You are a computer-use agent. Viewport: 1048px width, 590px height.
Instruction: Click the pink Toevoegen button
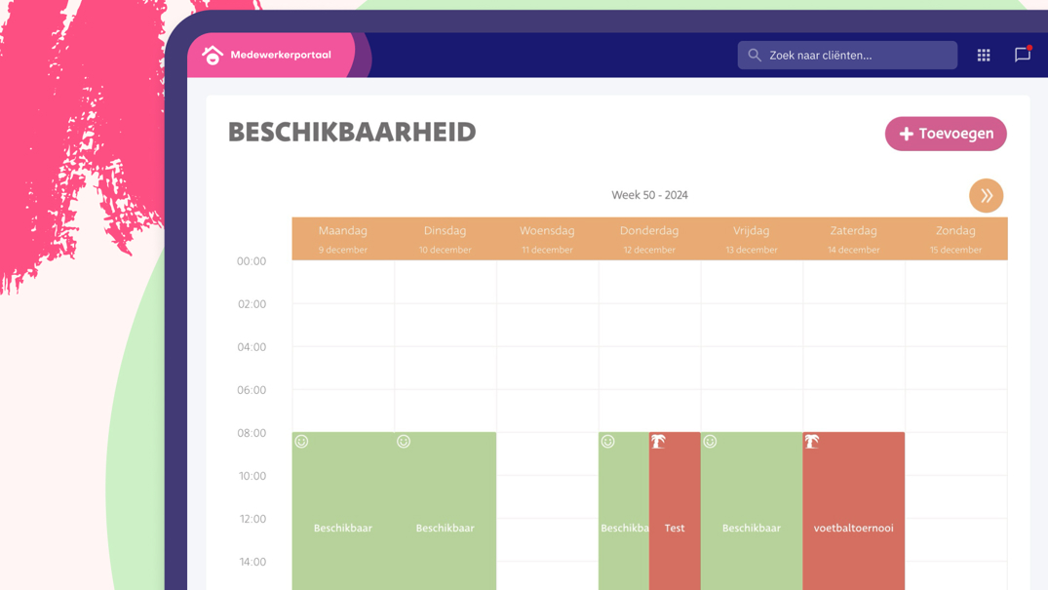point(945,134)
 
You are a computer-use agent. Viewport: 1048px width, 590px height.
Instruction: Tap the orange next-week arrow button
point(986,196)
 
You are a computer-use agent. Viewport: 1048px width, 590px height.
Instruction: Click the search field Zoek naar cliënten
point(846,56)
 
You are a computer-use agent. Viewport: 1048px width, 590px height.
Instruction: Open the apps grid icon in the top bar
point(984,56)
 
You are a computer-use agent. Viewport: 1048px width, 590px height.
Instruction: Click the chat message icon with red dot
point(1022,56)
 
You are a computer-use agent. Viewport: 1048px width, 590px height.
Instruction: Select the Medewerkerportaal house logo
point(213,56)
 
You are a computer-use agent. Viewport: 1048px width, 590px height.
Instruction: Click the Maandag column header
point(343,231)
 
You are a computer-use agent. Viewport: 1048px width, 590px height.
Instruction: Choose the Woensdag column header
point(547,231)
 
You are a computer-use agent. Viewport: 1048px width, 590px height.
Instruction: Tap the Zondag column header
point(955,231)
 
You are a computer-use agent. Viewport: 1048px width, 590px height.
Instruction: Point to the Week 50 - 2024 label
point(649,195)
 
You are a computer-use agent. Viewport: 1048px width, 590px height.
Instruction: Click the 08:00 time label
point(252,433)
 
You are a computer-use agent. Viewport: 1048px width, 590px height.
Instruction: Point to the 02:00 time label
point(252,304)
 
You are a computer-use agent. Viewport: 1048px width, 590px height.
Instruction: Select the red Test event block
point(675,528)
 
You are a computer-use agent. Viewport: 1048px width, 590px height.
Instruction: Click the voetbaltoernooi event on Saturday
point(853,528)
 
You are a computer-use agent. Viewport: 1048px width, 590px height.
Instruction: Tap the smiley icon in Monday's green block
point(302,442)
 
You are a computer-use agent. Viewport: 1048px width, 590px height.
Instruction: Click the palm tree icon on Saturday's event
point(812,442)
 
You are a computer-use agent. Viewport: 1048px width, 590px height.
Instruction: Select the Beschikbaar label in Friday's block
point(751,528)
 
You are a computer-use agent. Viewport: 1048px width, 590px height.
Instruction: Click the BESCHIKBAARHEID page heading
point(352,133)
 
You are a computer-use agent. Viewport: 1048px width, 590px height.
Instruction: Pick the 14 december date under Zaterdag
point(853,250)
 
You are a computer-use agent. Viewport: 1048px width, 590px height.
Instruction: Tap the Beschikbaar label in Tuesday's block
point(445,528)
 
